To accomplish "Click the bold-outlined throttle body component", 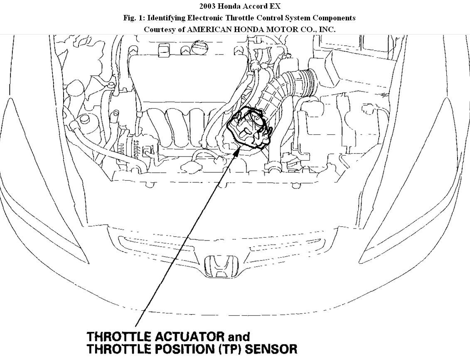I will point(249,128).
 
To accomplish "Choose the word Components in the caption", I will point(333,18).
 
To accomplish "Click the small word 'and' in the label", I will point(239,336).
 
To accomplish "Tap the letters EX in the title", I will point(276,6).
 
